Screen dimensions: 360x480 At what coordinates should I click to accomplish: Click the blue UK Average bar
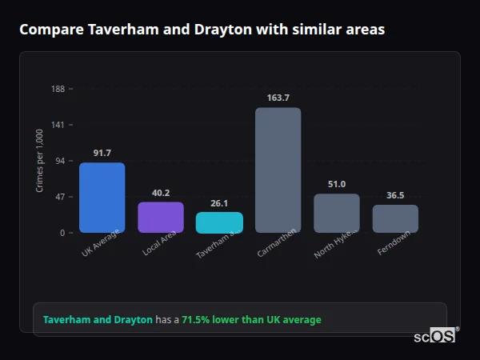click(x=102, y=198)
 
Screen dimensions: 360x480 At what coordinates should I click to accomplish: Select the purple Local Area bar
click(x=161, y=217)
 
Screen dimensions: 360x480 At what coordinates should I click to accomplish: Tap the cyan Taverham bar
click(x=219, y=222)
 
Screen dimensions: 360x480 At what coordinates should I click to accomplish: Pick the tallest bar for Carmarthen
click(x=278, y=170)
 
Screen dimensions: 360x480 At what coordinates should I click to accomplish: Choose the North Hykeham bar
click(x=336, y=213)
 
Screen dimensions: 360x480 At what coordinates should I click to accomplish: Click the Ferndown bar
click(x=395, y=218)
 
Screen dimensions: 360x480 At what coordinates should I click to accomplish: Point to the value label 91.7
click(x=102, y=153)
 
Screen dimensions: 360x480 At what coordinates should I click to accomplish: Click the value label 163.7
click(x=278, y=98)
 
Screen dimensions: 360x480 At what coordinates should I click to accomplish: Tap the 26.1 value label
click(x=219, y=203)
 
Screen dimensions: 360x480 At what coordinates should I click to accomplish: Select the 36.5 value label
click(x=395, y=195)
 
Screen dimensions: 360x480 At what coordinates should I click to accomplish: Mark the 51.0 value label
click(x=336, y=184)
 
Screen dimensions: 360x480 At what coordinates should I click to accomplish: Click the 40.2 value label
click(x=161, y=193)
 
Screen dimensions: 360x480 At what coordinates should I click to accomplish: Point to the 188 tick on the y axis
click(x=58, y=89)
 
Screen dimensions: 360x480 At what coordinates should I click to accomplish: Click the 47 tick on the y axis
click(x=60, y=197)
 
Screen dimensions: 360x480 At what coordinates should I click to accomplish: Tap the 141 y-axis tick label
click(x=58, y=125)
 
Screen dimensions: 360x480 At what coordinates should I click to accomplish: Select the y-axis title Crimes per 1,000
click(x=40, y=161)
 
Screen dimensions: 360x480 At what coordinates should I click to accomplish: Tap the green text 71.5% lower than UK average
click(x=251, y=319)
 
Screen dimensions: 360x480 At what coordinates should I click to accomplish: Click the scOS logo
click(x=434, y=336)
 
